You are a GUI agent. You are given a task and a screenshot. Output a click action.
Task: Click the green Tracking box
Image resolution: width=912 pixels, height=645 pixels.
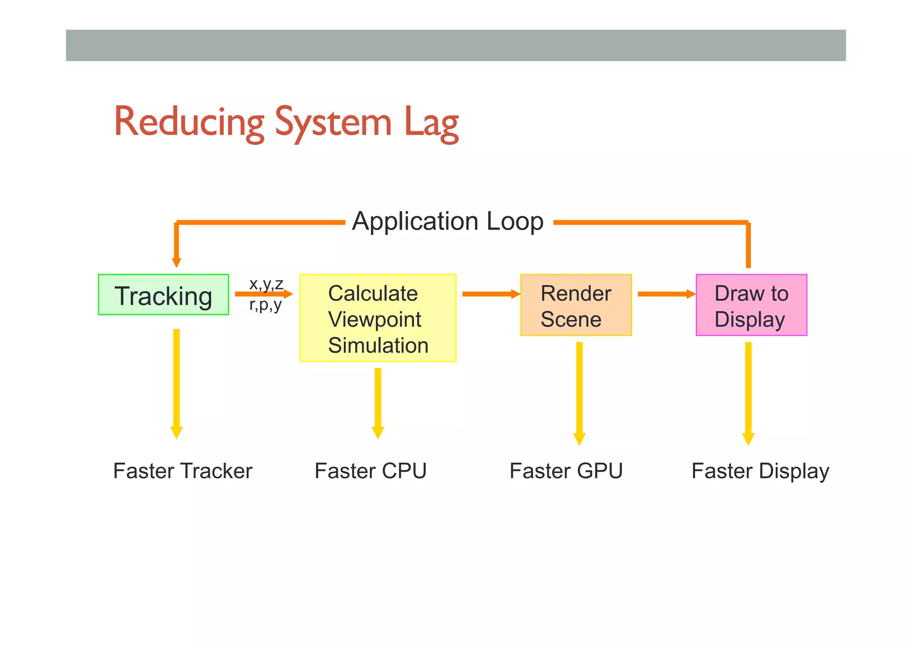[163, 295]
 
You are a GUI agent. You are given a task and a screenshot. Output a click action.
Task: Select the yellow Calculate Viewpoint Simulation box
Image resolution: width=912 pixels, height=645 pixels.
[378, 318]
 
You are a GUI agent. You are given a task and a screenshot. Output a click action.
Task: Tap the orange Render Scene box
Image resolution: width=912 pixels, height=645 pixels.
[576, 305]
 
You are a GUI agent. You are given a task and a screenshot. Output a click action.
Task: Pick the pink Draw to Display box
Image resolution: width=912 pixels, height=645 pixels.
[751, 305]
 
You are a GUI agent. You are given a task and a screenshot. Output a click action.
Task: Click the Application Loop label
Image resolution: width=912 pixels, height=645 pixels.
[448, 221]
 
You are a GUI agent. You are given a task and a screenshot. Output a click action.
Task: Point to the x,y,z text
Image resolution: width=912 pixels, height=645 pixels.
[266, 283]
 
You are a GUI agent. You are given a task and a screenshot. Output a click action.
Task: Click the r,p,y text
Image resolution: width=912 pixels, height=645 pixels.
[265, 305]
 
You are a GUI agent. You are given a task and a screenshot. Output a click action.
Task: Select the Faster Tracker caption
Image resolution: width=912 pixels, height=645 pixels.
[183, 471]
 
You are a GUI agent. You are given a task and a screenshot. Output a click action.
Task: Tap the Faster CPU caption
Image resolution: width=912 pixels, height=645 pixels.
[370, 471]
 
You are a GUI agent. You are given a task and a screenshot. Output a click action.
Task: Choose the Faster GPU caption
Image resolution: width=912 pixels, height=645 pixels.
[566, 471]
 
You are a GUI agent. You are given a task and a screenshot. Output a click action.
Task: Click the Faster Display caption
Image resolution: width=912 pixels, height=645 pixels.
[760, 471]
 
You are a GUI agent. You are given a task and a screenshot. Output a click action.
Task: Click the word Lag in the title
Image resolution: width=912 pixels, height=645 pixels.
[431, 122]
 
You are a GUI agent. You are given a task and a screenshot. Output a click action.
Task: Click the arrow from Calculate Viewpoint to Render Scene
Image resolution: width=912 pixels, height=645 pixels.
[491, 294]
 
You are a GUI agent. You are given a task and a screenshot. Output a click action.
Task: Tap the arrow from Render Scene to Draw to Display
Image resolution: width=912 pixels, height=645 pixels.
[666, 294]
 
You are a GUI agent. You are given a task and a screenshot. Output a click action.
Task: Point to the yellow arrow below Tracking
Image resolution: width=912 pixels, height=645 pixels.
[176, 383]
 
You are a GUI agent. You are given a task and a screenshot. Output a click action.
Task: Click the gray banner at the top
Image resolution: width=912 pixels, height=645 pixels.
[456, 45]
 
